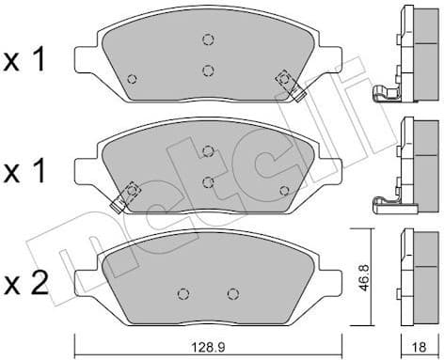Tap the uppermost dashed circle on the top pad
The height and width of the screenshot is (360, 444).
[x=208, y=39]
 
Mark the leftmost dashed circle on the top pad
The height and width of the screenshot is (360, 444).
[x=132, y=78]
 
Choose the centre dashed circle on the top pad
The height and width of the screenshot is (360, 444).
[x=208, y=70]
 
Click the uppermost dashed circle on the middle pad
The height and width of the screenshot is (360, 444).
[x=208, y=150]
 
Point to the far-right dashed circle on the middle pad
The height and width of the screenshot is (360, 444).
[x=285, y=191]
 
